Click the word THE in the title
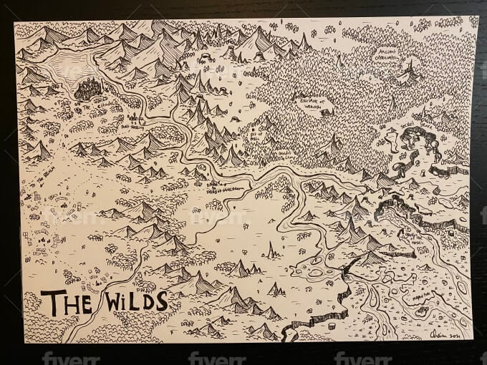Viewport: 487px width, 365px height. pos(66,303)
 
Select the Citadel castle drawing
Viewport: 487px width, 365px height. pos(90,89)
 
